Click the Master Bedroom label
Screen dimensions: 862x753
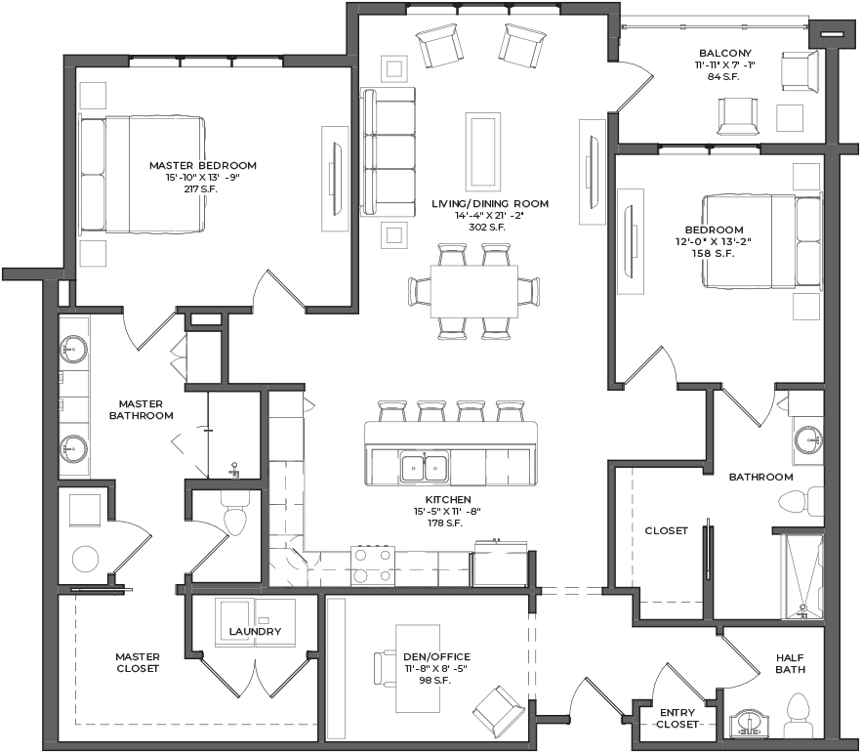(x=203, y=166)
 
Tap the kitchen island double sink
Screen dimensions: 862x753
(x=424, y=467)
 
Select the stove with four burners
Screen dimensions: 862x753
(x=373, y=565)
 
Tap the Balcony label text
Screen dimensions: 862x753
(x=725, y=54)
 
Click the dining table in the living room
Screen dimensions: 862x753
(x=473, y=291)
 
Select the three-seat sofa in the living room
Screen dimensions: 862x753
(x=388, y=150)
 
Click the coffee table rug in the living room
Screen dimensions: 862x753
(x=483, y=150)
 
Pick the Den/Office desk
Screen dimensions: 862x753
(x=418, y=668)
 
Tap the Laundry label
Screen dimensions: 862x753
(x=255, y=632)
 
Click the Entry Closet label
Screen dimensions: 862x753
(x=677, y=719)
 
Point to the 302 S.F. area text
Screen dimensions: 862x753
(x=486, y=228)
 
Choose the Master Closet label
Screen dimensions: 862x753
(x=138, y=663)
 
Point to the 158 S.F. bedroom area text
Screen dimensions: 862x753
(x=713, y=254)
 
